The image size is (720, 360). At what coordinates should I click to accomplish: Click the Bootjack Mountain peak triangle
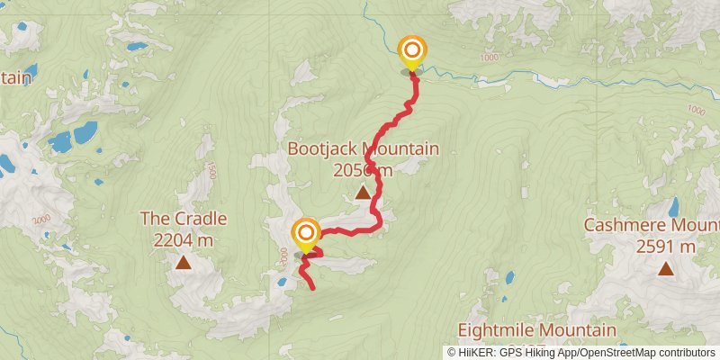point(362,192)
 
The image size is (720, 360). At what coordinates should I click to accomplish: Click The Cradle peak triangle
point(184,263)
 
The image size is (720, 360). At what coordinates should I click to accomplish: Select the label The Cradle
point(184,218)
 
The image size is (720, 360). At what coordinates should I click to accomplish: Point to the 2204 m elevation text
point(184,239)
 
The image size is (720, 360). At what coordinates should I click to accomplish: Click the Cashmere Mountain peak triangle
point(665,267)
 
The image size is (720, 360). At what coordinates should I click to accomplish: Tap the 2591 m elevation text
point(664,246)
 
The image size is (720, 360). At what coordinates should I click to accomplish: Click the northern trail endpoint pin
point(412,51)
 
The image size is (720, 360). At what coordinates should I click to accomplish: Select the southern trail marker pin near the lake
point(305,234)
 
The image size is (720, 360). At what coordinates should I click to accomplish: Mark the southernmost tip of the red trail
point(312,288)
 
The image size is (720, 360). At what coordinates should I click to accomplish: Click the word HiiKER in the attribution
point(475,353)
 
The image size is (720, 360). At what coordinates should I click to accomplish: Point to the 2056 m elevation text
point(363,170)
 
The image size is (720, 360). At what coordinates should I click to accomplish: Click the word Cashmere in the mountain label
point(620,225)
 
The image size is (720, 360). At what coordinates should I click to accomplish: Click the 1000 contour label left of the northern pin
point(490,58)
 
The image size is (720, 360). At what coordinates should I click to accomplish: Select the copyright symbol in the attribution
point(451,353)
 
